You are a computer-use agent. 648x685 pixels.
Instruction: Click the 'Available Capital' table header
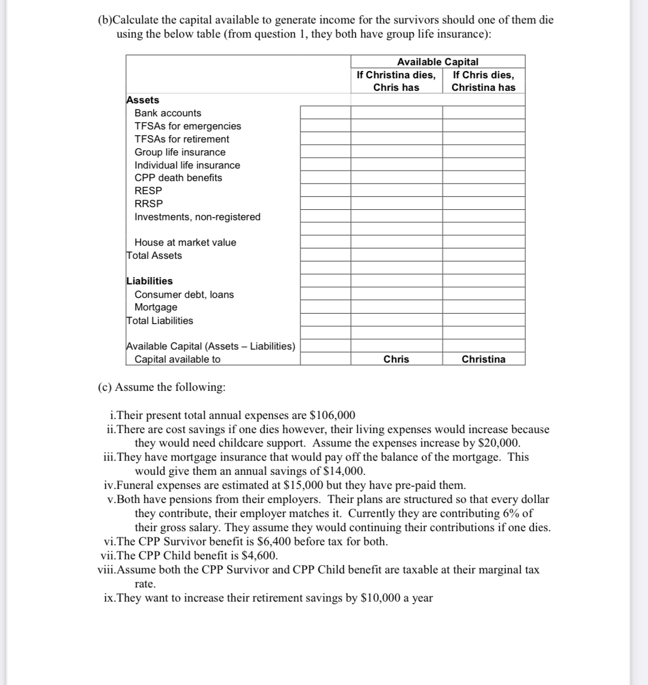click(x=437, y=62)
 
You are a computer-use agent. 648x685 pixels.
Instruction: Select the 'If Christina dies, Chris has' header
click(x=396, y=81)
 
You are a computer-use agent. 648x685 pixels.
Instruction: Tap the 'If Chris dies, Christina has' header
click(x=483, y=81)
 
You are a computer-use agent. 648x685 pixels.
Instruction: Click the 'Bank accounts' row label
click(x=167, y=113)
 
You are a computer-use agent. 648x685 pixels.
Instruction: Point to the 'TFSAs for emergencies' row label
click(x=188, y=126)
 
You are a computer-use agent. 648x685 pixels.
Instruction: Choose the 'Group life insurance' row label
click(x=180, y=152)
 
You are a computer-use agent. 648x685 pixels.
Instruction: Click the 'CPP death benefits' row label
click(x=178, y=178)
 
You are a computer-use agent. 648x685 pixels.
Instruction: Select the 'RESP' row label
click(x=148, y=191)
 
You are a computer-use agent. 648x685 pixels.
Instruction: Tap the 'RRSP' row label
click(x=149, y=204)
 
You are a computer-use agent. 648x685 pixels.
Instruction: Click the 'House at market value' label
click(x=185, y=243)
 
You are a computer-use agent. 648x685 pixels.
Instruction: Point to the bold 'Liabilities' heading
click(x=149, y=281)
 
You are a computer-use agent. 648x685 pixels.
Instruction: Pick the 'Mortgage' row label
click(x=155, y=307)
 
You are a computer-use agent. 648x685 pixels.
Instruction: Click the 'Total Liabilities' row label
click(x=160, y=321)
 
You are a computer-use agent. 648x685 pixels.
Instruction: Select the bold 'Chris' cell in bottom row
click(x=396, y=359)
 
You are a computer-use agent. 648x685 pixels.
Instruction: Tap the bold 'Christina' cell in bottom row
click(x=483, y=359)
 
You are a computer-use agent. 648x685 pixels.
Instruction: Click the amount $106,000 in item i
click(x=332, y=415)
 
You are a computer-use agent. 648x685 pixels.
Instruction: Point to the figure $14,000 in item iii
click(x=344, y=471)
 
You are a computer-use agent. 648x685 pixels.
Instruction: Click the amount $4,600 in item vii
click(x=260, y=556)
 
